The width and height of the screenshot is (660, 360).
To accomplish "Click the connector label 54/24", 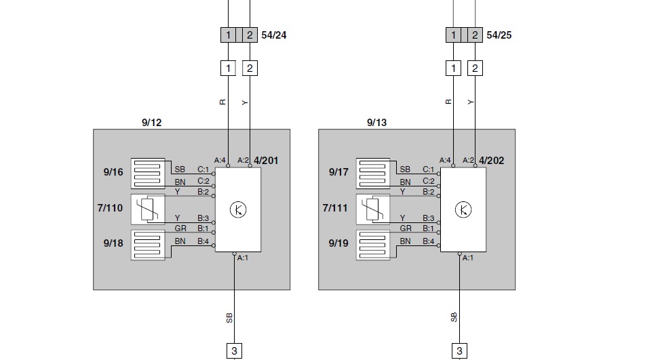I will pos(273,35).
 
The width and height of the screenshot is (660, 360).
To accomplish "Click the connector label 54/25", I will pos(499,35).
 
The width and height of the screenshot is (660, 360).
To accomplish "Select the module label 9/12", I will pos(151,123).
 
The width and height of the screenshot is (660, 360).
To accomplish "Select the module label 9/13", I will pos(376,123).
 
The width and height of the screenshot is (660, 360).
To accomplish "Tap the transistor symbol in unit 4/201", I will pos(238,210).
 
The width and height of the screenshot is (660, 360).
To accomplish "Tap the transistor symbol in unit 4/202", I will pos(463,210).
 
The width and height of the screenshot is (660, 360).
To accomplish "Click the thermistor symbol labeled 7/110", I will pos(148,208).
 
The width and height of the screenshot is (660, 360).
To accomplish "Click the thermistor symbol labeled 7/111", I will pos(373,208).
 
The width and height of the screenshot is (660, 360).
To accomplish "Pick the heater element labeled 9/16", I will pos(148,172).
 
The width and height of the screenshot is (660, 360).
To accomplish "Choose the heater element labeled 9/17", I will pos(373,172).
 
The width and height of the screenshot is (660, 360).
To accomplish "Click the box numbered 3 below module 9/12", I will pos(234,351).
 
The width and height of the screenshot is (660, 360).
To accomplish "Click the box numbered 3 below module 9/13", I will pos(459,351).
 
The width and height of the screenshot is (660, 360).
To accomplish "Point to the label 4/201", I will pos(266,161).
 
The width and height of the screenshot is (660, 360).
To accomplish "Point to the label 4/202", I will pos(491,161).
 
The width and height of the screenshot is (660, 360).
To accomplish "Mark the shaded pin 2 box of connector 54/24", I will pos(250,35).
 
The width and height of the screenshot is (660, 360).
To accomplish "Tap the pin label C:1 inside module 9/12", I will pos(203,169).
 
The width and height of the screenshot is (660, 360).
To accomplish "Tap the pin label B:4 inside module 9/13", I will pos(428,241).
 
